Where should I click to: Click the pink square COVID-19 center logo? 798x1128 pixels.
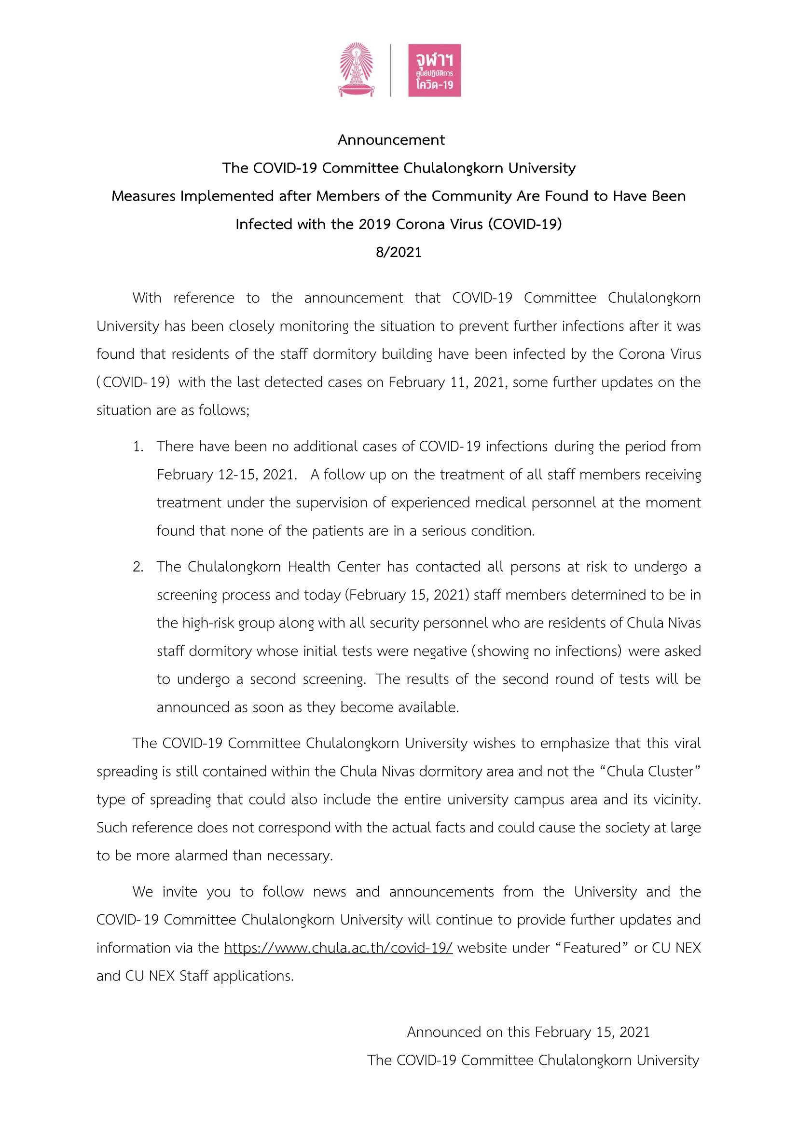pyautogui.click(x=434, y=70)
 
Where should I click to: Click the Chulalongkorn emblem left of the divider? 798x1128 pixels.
pyautogui.click(x=356, y=69)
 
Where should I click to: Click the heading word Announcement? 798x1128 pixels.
pyautogui.click(x=391, y=140)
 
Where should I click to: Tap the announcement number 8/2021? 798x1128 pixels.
pyautogui.click(x=399, y=252)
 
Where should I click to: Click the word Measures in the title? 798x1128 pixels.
pyautogui.click(x=143, y=196)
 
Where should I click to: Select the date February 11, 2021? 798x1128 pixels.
pyautogui.click(x=447, y=382)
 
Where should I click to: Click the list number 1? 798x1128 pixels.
pyautogui.click(x=138, y=447)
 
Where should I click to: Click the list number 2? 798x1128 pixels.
pyautogui.click(x=138, y=567)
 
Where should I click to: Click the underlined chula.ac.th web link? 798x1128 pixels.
pyautogui.click(x=338, y=948)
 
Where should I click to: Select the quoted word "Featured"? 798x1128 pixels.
pyautogui.click(x=592, y=948)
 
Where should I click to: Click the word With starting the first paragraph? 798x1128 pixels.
pyautogui.click(x=147, y=298)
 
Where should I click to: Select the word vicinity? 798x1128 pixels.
pyautogui.click(x=676, y=799)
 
